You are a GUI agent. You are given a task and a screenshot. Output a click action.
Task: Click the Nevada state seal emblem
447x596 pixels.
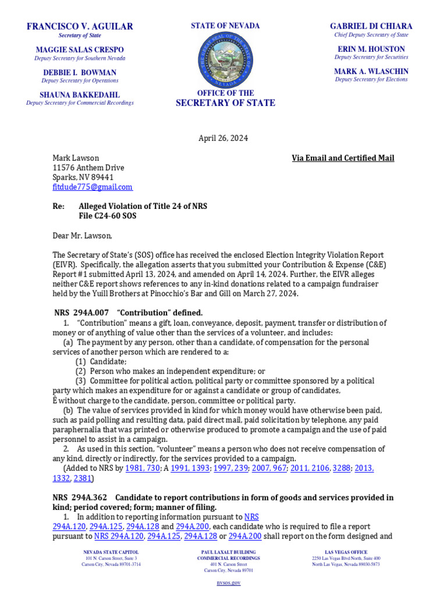[x=225, y=60]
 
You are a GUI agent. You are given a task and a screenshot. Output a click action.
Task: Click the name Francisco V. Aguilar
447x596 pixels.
[x=80, y=26]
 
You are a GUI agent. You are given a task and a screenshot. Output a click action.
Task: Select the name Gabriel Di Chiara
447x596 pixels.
[x=371, y=26]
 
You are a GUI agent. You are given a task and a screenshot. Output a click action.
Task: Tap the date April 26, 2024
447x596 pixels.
[x=223, y=139]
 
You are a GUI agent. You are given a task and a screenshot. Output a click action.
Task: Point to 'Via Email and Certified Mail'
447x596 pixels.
[x=343, y=158]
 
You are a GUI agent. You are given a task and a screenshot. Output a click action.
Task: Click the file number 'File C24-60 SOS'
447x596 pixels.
[x=111, y=216]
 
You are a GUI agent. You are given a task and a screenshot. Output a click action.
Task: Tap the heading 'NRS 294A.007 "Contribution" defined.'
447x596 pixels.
[x=129, y=313]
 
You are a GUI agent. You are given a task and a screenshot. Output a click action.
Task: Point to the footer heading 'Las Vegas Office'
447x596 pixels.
[x=346, y=552]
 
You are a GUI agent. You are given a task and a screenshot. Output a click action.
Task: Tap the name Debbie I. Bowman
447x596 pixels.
[x=80, y=73]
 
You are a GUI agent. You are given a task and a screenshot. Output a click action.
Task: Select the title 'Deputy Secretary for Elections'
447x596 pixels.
[x=371, y=79]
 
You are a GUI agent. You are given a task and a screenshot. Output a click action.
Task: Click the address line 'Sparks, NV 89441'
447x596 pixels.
[x=83, y=177]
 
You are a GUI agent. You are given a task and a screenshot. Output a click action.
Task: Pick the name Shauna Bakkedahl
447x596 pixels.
[x=80, y=95]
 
